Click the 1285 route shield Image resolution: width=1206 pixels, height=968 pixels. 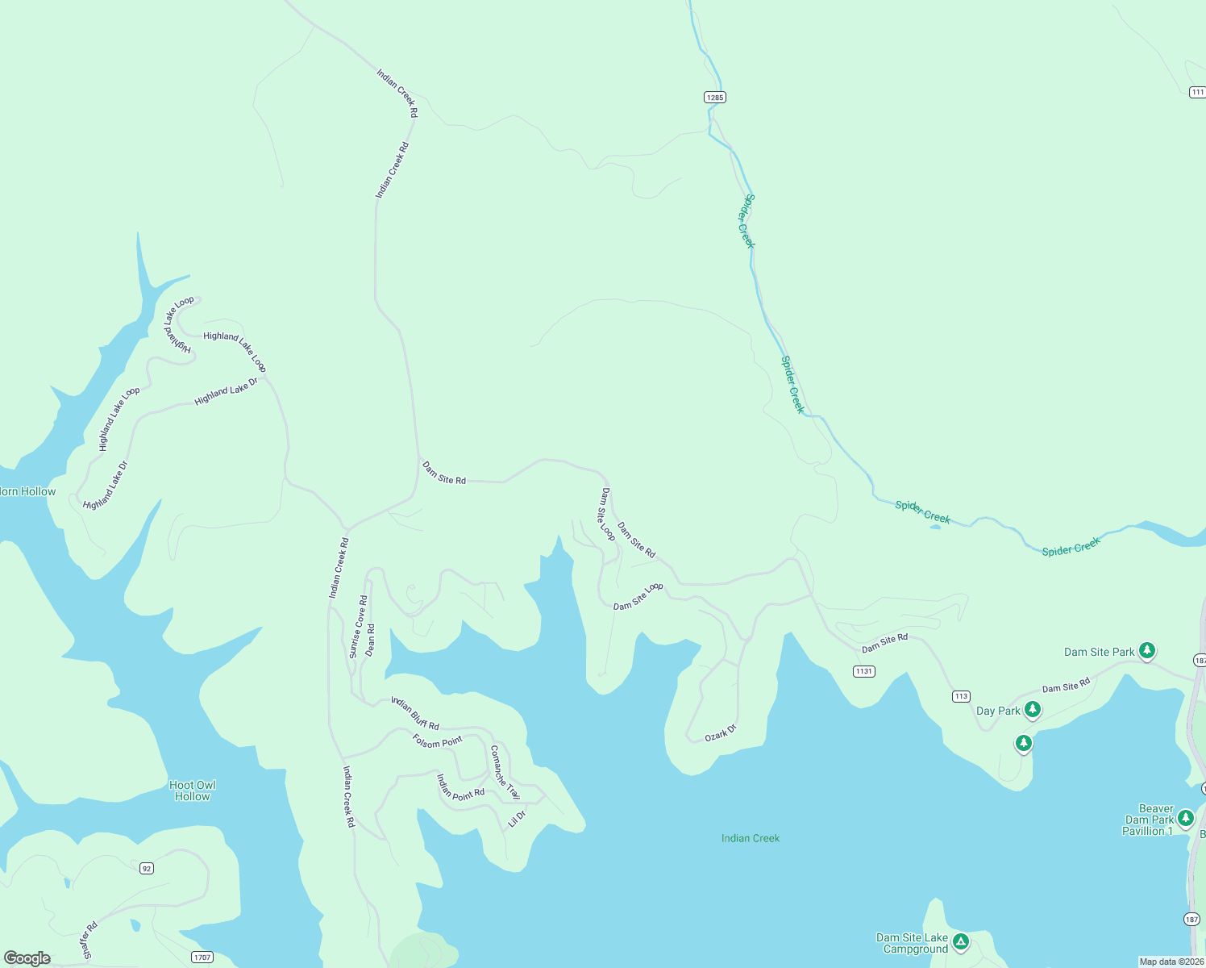[x=714, y=98]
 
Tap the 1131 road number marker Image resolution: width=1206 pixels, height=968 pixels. [x=863, y=671]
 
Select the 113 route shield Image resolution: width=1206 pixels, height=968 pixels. [x=960, y=696]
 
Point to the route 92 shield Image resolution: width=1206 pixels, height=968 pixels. [x=146, y=868]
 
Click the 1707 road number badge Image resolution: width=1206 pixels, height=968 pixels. [x=202, y=958]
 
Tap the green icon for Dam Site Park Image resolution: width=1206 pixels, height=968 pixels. [x=1146, y=650]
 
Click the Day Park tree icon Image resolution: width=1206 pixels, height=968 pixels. [x=1032, y=710]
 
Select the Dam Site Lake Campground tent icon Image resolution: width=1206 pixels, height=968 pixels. [x=960, y=941]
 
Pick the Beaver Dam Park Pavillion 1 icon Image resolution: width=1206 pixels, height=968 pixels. [x=1185, y=819]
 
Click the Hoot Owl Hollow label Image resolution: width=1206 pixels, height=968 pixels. [x=193, y=791]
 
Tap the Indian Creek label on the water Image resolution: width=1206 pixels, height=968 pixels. [x=751, y=838]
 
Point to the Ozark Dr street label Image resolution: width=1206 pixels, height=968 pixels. [x=721, y=732]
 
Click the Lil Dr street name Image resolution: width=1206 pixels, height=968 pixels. [x=517, y=819]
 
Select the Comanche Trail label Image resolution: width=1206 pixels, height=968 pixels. [x=505, y=772]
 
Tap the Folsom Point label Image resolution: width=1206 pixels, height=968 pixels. [x=438, y=741]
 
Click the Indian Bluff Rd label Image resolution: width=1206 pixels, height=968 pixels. [x=415, y=713]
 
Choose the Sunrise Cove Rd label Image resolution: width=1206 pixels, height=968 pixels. [x=358, y=627]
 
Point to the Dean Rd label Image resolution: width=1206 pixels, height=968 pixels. [x=371, y=640]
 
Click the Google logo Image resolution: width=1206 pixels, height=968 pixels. [x=27, y=958]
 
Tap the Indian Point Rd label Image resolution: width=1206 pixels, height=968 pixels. [x=460, y=787]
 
